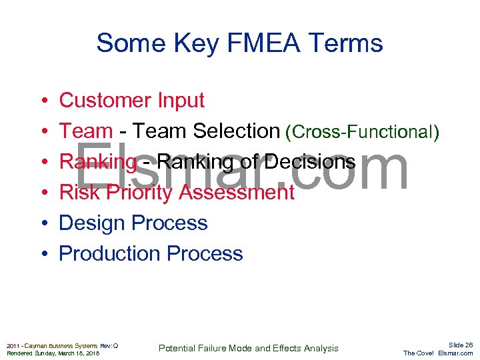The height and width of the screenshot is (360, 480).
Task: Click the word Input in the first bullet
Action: (181, 101)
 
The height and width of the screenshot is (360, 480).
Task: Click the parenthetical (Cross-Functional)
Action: (362, 133)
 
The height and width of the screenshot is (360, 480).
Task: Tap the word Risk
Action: (77, 193)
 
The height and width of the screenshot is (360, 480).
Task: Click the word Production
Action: (110, 254)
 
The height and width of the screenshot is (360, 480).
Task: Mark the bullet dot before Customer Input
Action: (42, 101)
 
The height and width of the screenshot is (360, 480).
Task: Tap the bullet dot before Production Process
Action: (42, 255)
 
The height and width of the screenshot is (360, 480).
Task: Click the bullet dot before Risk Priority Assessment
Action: (42, 193)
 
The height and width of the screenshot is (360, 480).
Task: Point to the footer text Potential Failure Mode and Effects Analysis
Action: (248, 348)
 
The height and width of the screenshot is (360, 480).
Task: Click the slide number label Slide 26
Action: (460, 345)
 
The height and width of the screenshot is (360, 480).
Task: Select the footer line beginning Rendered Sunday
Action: (53, 353)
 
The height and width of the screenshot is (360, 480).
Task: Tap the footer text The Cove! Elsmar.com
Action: (438, 353)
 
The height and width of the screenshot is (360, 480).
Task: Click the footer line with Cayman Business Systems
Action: (62, 345)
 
